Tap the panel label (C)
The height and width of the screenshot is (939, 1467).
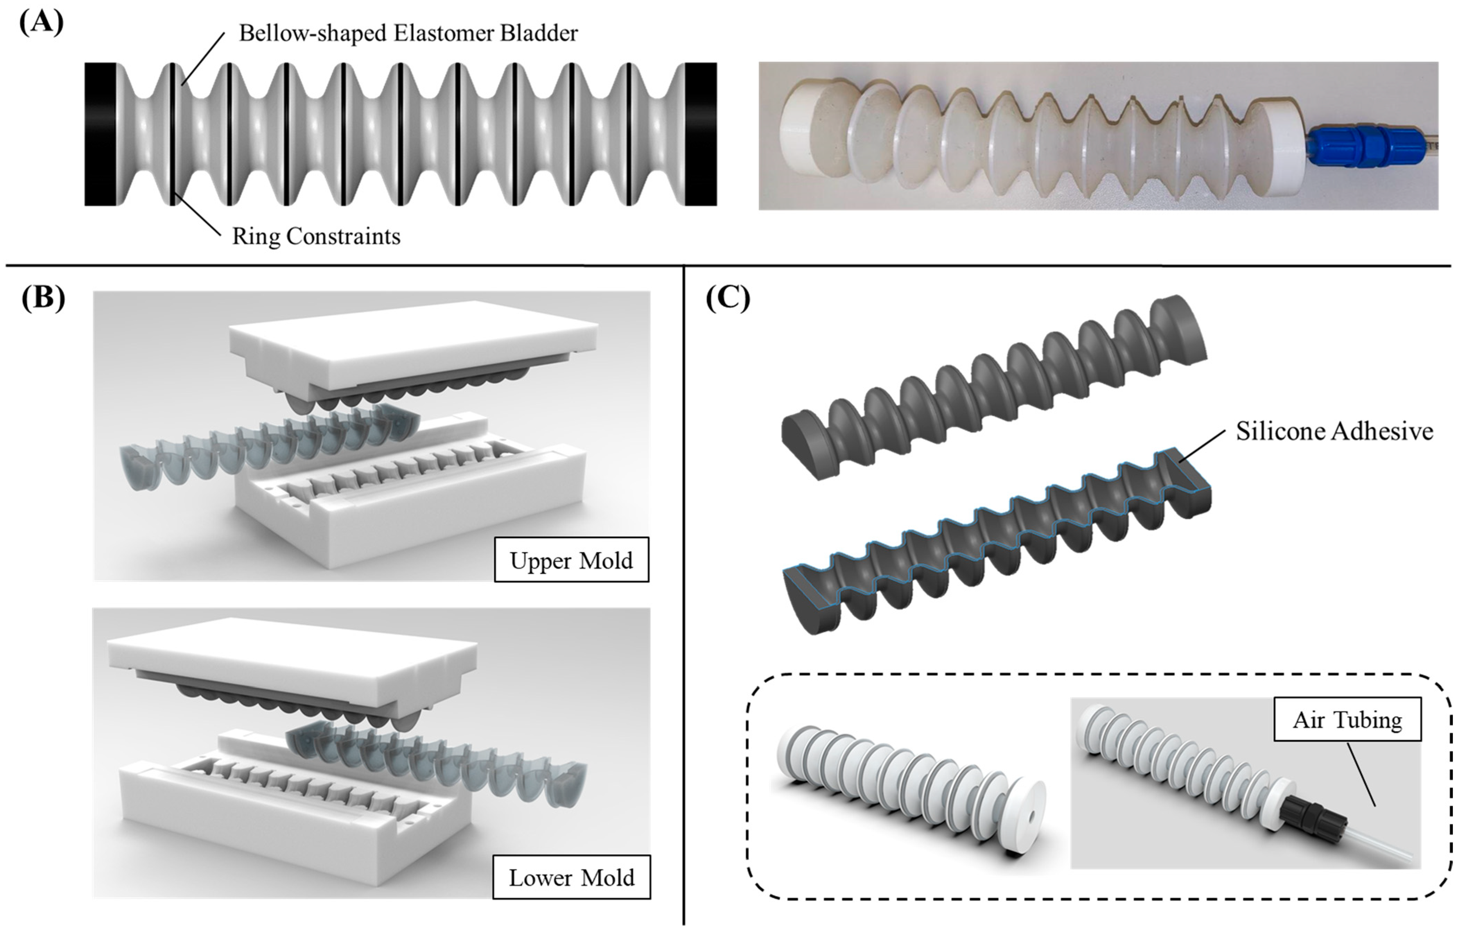727,298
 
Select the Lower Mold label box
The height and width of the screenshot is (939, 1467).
571,877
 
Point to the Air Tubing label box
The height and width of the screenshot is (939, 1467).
1347,720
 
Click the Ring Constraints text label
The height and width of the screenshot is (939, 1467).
316,237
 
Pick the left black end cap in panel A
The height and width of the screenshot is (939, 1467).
100,134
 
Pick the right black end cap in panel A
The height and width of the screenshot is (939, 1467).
701,134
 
